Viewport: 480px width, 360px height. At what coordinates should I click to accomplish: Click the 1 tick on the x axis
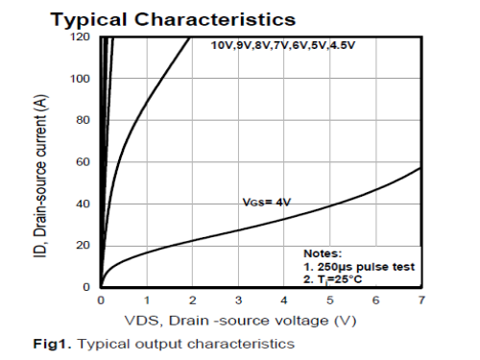(x=147, y=300)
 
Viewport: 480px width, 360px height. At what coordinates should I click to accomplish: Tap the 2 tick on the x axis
(x=192, y=300)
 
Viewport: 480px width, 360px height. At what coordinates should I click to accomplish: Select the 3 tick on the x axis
(x=238, y=300)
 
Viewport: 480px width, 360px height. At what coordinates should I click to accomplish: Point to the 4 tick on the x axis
(x=284, y=300)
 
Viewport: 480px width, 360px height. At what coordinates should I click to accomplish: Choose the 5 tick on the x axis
(x=330, y=300)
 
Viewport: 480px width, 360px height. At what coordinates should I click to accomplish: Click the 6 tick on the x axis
(x=375, y=300)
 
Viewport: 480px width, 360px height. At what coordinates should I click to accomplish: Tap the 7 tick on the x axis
(x=420, y=300)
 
